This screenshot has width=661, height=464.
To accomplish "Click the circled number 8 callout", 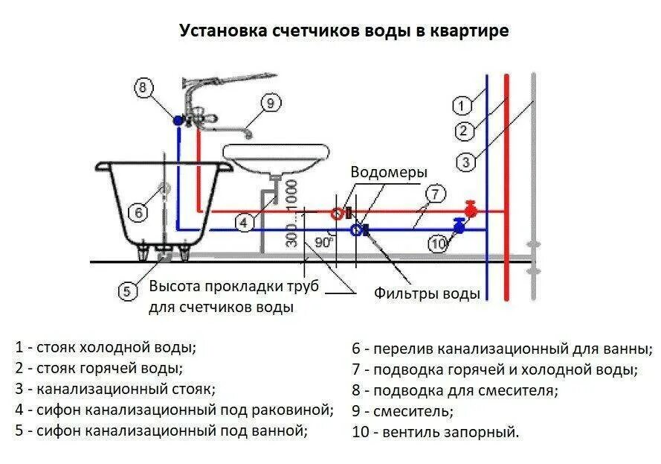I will [144, 87].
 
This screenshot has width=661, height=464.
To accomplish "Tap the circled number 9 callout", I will [269, 103].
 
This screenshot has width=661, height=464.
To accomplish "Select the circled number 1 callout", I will [462, 105].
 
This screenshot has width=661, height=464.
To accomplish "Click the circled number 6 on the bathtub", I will [139, 213].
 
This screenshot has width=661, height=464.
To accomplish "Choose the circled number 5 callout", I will [126, 291].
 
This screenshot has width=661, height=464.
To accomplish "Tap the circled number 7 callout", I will [434, 194].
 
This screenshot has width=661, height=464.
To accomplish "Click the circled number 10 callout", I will [438, 242].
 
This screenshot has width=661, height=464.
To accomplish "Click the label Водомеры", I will [389, 173].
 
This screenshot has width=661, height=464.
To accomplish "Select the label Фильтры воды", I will [427, 293].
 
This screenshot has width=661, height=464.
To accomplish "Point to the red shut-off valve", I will [469, 207].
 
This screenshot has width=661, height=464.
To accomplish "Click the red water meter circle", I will [337, 213].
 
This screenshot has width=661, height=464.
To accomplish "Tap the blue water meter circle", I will [358, 230].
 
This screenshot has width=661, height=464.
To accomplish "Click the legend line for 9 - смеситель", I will [402, 410].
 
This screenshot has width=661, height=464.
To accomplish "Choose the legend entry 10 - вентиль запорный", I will [435, 432].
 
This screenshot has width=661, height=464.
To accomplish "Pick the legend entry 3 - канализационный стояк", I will [115, 388].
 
